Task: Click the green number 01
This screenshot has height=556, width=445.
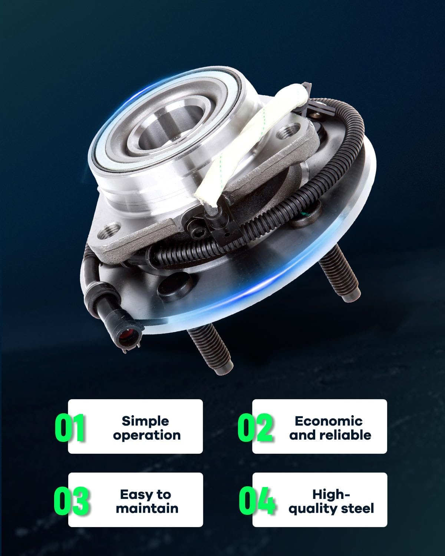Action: coord(70,428)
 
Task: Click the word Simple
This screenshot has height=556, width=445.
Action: coord(145,421)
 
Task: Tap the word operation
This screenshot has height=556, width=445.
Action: coord(147,435)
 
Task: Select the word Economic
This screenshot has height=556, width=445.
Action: coord(328,421)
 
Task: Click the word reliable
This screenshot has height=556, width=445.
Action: coord(346,435)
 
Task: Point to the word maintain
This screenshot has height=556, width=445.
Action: coord(147,508)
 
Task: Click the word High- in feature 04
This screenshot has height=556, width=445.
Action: coord(331,494)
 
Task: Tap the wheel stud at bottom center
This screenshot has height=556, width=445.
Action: coord(211,348)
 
